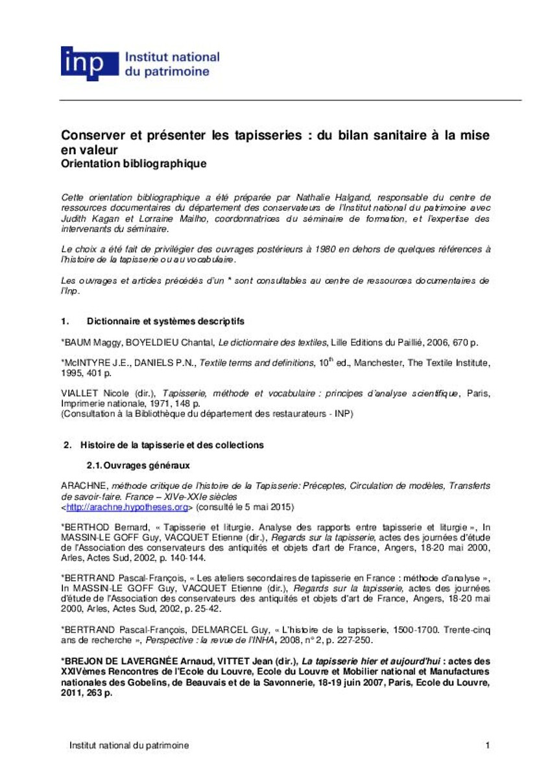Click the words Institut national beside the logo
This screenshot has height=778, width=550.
(171, 57)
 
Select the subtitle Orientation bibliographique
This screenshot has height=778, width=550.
(134, 164)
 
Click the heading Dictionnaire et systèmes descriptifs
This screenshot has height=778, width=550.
(165, 322)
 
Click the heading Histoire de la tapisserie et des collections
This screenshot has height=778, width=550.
(172, 445)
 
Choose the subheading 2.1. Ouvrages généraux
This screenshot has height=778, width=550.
(138, 466)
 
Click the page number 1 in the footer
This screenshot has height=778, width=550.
(487, 746)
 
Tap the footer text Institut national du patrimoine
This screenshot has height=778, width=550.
(129, 746)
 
